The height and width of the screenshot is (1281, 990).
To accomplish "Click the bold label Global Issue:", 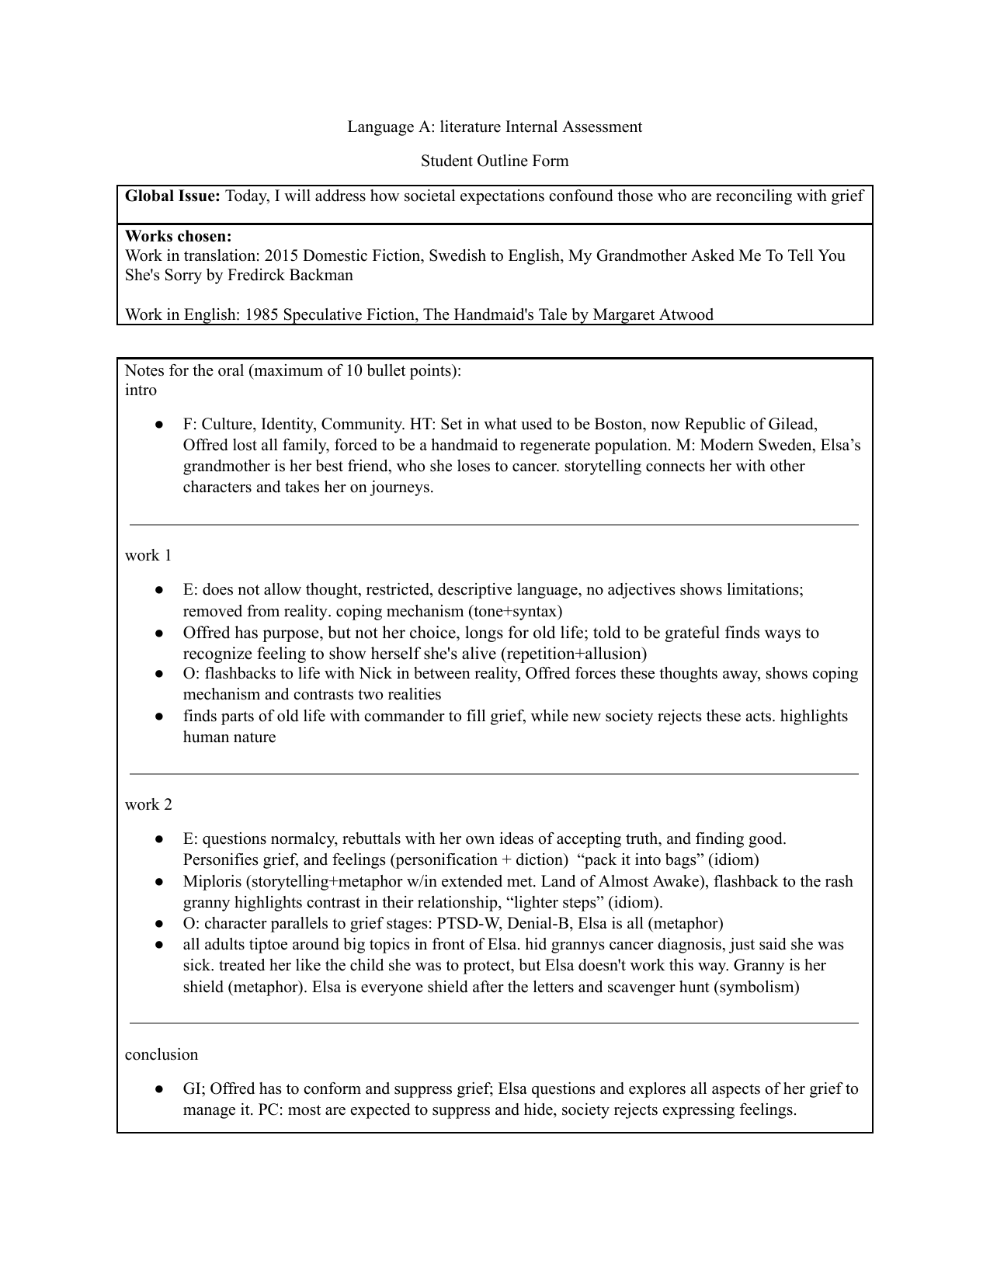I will click(173, 196).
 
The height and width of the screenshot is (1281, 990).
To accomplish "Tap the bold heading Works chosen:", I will click(179, 236).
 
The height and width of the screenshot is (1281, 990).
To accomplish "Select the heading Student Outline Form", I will click(495, 161).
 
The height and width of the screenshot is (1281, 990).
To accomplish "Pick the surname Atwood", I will click(686, 314).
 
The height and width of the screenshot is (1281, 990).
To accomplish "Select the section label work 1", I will click(148, 555).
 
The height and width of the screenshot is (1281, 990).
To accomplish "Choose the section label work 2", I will click(148, 804).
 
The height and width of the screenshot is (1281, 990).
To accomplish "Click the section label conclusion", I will click(162, 1054).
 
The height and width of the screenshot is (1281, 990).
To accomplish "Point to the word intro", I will click(141, 390).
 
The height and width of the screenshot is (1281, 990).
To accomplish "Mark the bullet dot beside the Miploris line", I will click(158, 881).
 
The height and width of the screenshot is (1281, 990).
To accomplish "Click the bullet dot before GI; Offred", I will click(158, 1088).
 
